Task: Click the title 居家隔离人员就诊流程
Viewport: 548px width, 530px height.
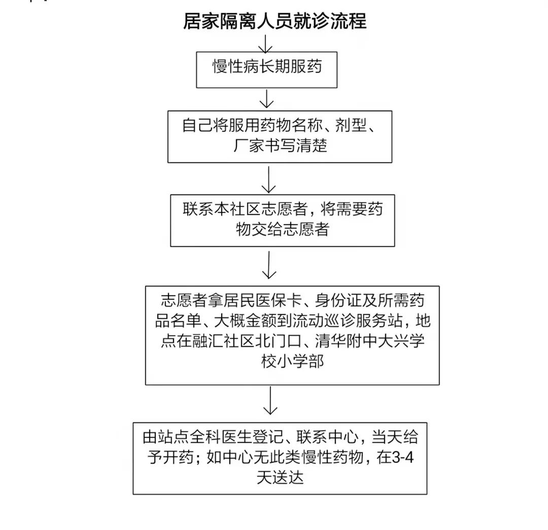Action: click(x=275, y=21)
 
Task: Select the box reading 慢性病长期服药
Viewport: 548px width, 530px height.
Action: click(x=267, y=70)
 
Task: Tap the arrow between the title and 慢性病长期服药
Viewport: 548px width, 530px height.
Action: click(x=265, y=44)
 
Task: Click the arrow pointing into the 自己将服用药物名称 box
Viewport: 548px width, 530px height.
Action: click(x=267, y=98)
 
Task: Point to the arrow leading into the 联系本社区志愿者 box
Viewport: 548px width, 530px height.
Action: click(x=268, y=179)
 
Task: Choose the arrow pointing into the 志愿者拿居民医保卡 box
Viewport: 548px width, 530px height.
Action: click(x=269, y=264)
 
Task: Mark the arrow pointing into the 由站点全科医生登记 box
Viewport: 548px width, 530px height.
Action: click(x=270, y=401)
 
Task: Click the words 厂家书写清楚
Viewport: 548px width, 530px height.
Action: click(x=280, y=145)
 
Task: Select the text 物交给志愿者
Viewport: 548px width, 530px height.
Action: click(x=283, y=229)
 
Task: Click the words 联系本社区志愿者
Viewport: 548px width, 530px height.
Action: click(x=245, y=209)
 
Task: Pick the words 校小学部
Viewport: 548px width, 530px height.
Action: click(x=293, y=361)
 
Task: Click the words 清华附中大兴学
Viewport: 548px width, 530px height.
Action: click(x=370, y=341)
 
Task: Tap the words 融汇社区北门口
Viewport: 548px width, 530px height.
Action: click(x=239, y=341)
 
